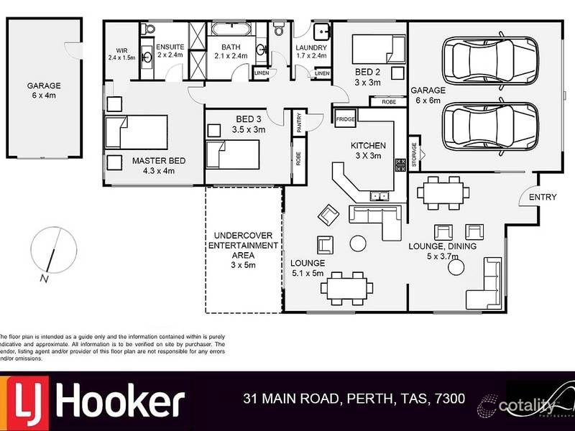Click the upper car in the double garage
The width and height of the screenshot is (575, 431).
point(490,60)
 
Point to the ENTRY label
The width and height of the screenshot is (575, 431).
point(543,198)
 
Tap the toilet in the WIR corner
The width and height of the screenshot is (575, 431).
point(148,29)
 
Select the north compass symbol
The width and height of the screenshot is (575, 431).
point(50,253)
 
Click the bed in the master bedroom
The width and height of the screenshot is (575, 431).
point(137,132)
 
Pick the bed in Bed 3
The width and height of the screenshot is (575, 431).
point(232,154)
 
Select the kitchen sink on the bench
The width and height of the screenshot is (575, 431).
point(378,195)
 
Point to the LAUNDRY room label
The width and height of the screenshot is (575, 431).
point(311,49)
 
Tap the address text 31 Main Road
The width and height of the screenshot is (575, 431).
point(354,398)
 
